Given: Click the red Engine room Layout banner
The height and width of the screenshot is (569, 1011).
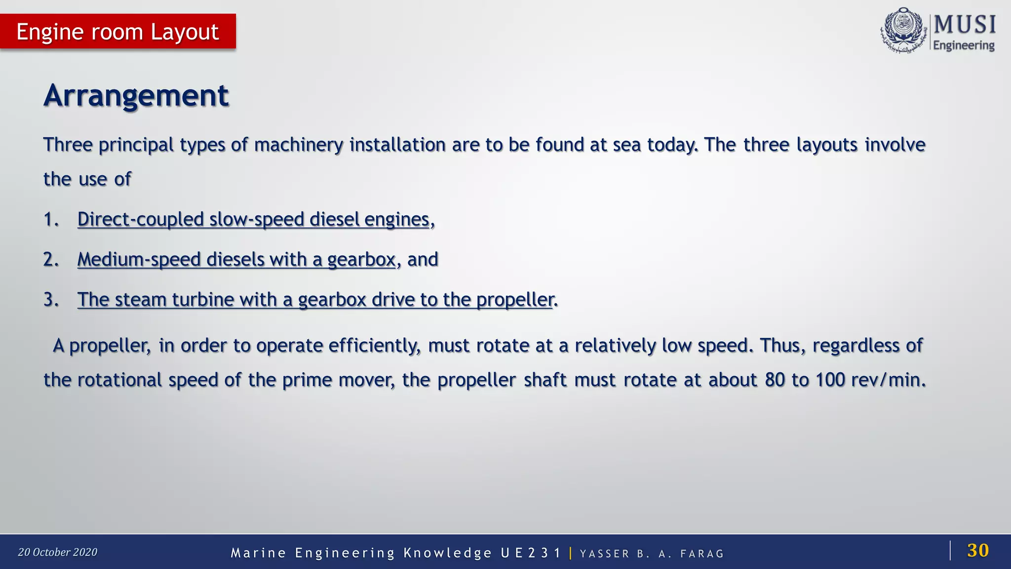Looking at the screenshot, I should coord(117,32).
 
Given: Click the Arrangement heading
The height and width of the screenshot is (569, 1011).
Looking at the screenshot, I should coord(136,95).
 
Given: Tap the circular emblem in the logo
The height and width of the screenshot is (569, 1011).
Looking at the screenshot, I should coord(903,31).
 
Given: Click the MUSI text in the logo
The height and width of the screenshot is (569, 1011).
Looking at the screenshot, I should coord(965,25).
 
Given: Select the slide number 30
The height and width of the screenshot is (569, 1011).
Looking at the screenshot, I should coord(977,550).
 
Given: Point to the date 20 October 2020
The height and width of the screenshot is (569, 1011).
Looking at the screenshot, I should coord(58,552).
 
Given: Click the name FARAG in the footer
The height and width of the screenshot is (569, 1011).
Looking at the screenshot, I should coord(701,554).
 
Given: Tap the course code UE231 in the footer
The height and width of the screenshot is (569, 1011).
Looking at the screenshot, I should coord(531,553).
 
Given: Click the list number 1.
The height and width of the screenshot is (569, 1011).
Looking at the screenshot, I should coord(50,219).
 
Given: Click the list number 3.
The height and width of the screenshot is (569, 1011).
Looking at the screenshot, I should coord(50,299).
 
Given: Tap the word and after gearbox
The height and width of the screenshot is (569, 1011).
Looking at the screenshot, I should coord(423,259).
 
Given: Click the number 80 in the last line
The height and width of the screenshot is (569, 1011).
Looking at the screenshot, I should coord(775,380).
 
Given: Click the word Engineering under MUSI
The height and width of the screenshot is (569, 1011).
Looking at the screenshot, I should coord(964,45).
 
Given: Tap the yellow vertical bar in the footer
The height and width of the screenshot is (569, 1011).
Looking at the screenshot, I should coord(571,553).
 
